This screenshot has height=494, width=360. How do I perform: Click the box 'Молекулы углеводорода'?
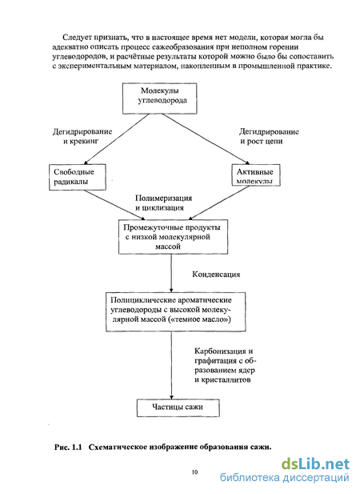point(159,98)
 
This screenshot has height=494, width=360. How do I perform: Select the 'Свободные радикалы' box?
point(78,177)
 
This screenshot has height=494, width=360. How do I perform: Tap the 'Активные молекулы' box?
point(256,175)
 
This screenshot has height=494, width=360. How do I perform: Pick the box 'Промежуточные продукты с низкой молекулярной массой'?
point(173,237)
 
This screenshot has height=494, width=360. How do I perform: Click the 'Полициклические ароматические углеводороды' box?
point(175,311)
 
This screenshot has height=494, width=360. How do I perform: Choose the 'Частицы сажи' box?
point(178,408)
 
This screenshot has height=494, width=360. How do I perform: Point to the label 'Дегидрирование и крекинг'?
point(82,136)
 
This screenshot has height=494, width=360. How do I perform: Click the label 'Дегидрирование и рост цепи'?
point(269,136)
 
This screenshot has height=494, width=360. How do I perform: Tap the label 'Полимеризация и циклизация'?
point(163,203)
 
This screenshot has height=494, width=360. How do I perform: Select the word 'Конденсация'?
point(216,275)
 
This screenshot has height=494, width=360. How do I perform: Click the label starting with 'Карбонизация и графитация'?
point(226,365)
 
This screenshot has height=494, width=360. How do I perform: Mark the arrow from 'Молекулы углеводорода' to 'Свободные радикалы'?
point(116,139)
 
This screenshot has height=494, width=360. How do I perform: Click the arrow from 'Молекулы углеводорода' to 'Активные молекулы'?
point(206,139)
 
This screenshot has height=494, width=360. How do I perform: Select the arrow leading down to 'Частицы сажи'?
point(171,365)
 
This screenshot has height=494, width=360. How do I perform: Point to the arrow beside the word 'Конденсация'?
point(171,273)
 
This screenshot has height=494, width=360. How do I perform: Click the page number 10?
point(194,472)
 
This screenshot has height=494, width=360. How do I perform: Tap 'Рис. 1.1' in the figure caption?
point(68,447)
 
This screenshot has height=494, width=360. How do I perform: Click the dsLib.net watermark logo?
point(315,464)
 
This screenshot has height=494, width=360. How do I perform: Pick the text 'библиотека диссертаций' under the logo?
point(285,478)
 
